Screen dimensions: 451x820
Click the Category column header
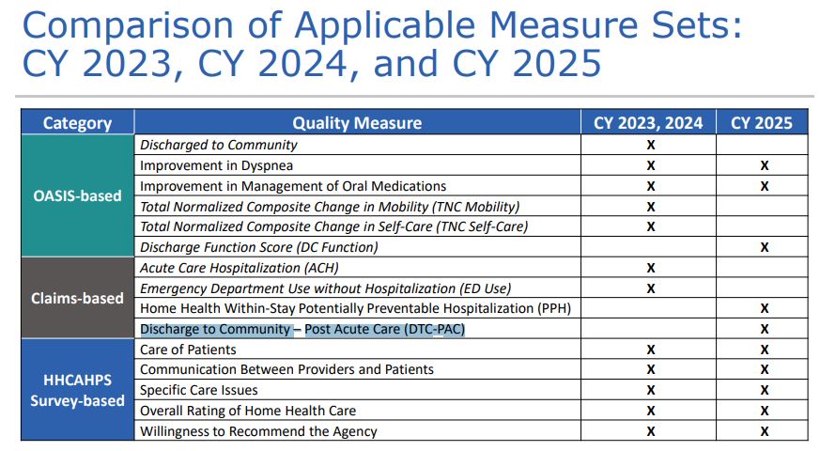[x=77, y=123]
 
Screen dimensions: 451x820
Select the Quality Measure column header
[x=357, y=123]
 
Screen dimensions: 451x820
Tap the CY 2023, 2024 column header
[x=647, y=123]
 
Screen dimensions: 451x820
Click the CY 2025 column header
[x=763, y=123]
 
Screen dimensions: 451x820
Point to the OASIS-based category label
[x=77, y=196]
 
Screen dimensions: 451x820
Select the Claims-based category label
[x=77, y=298]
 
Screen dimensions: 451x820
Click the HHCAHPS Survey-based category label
[x=77, y=390]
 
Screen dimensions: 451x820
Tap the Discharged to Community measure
[x=218, y=145]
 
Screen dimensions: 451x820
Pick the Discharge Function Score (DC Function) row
[x=258, y=247]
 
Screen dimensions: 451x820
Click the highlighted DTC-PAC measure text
[x=302, y=329]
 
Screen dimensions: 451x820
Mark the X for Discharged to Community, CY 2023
[x=649, y=146]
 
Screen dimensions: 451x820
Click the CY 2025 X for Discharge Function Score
[x=764, y=248]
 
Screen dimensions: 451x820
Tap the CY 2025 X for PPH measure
[x=764, y=309]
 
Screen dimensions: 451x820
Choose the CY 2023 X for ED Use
[x=649, y=288]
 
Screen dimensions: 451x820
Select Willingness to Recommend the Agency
[x=258, y=431]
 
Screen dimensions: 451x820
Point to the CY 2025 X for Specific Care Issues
[x=764, y=391]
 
